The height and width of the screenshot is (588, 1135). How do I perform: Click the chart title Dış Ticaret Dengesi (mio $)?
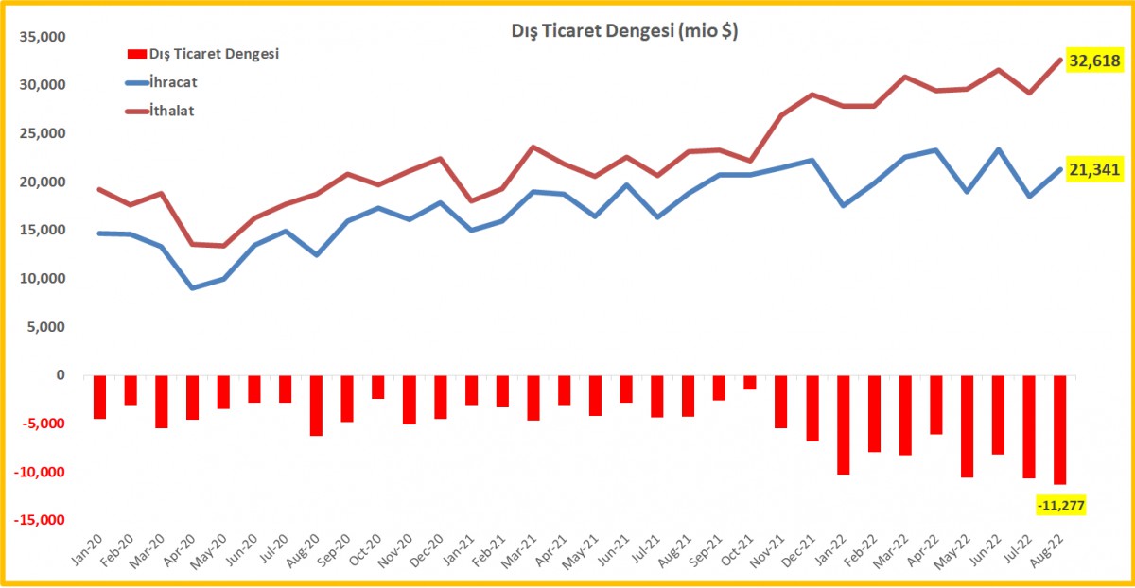point(624,31)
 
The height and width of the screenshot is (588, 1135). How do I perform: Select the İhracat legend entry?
point(161,82)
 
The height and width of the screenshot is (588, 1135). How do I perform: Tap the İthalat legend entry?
point(160,111)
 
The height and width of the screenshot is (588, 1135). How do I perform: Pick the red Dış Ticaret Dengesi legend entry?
point(202,54)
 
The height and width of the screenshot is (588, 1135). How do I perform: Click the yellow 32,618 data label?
point(1094,61)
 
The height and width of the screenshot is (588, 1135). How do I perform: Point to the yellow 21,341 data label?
point(1094,169)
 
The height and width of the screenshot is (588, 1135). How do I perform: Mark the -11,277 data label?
point(1060,505)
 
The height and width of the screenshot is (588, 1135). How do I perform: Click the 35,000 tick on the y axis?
point(43,37)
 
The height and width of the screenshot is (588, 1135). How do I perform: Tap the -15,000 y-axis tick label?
point(40,520)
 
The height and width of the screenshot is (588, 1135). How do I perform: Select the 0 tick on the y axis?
point(61,375)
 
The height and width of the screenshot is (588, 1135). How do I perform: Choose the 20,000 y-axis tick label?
point(43,182)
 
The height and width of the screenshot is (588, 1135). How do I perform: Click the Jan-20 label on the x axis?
point(87,550)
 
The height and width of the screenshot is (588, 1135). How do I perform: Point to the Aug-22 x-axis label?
point(1047,550)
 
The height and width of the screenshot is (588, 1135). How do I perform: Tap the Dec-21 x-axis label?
point(798,550)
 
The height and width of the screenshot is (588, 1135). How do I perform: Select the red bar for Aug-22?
point(1060,430)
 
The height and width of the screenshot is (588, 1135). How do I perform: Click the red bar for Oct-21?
point(750,383)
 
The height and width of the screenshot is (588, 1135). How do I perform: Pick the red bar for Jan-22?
point(843,425)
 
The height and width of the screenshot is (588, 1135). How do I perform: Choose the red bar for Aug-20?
point(316,406)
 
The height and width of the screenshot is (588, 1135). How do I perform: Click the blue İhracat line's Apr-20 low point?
point(193,288)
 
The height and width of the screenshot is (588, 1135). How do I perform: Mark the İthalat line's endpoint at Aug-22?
point(1060,60)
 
